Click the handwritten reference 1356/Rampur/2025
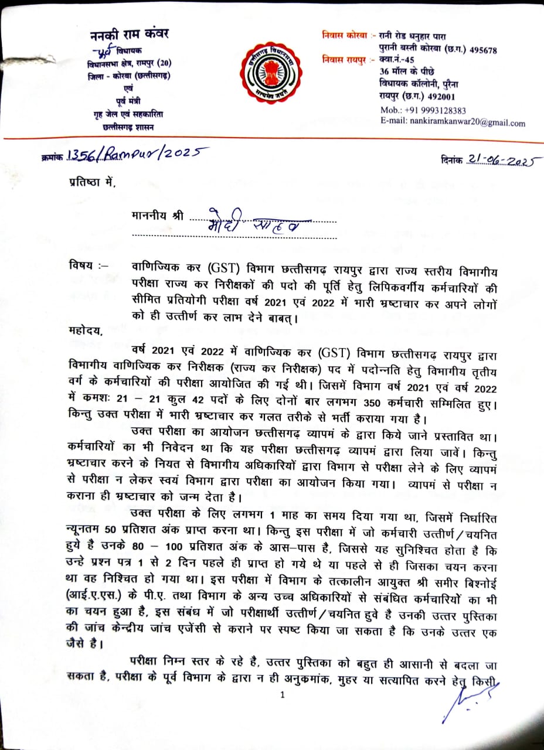pyautogui.click(x=138, y=154)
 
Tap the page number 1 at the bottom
pyautogui.click(x=283, y=696)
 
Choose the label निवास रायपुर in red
pyautogui.click(x=346, y=59)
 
